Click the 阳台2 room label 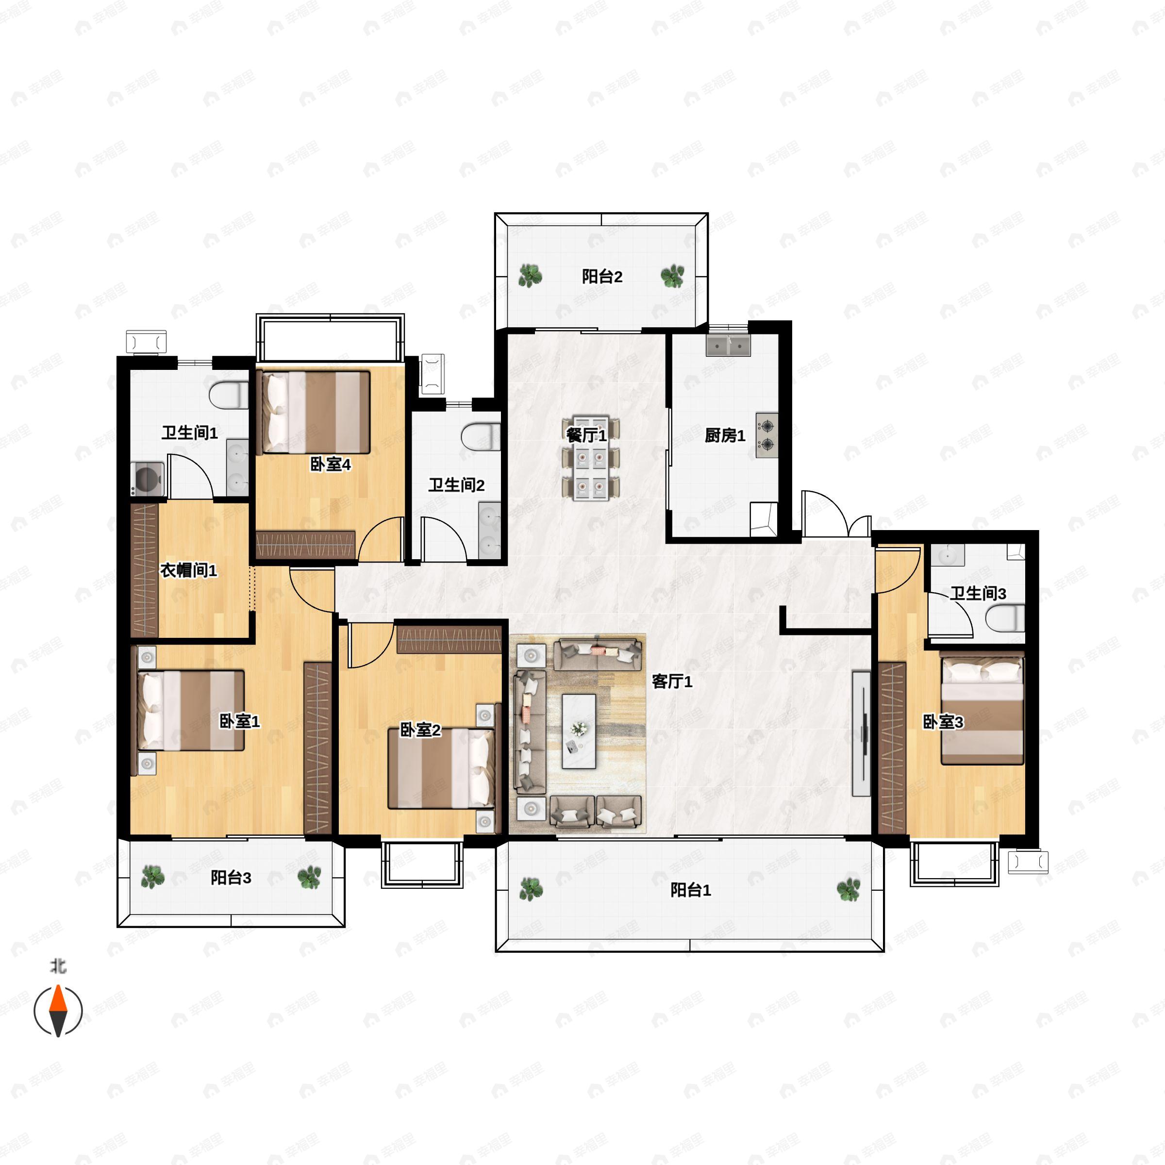tap(602, 277)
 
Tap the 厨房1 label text tap(725, 435)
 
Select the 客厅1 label tap(672, 682)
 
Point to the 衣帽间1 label tap(188, 570)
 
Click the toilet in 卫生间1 tap(229, 395)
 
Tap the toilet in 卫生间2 tap(481, 436)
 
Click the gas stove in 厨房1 tap(766, 435)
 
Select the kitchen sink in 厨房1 tap(729, 346)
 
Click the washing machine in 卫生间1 tap(148, 479)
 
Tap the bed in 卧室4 tap(313, 413)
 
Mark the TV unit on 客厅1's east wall tap(861, 733)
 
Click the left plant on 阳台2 tap(530, 276)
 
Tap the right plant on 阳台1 tap(849, 889)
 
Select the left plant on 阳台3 tap(152, 877)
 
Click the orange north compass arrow tap(58, 999)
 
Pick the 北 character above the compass tap(58, 966)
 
